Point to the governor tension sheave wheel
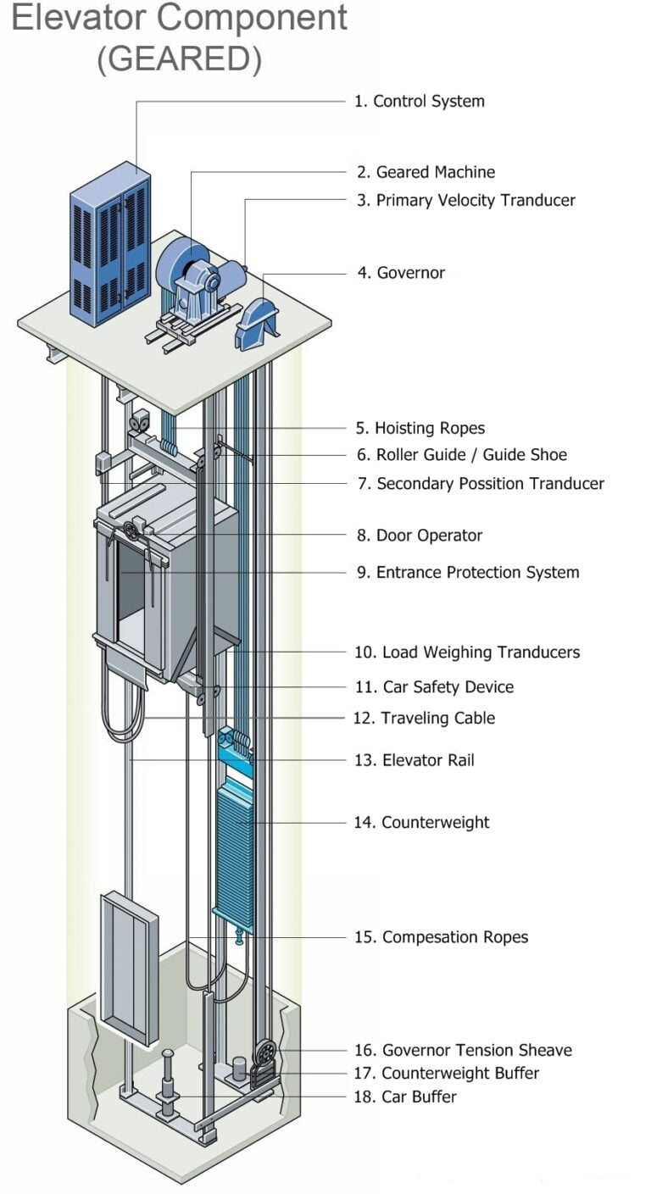[x=265, y=1052]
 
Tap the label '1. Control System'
[x=419, y=101]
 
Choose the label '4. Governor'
[x=400, y=273]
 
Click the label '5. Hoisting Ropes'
[x=420, y=428]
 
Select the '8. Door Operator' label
[x=419, y=536]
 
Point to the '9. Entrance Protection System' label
[x=467, y=572]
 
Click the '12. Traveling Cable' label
[x=424, y=718]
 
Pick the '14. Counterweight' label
[x=421, y=822]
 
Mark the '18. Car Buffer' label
[x=405, y=1097]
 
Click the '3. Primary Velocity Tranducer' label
[x=465, y=200]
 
